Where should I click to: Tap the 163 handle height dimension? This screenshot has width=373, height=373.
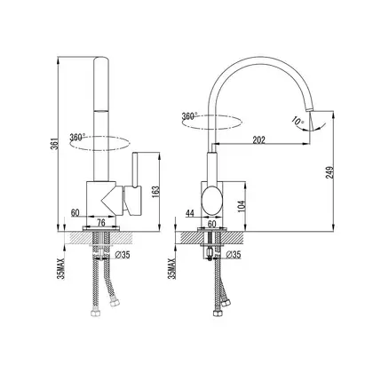156,194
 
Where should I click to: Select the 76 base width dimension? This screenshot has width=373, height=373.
101,223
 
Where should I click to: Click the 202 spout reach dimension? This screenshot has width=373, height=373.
259,139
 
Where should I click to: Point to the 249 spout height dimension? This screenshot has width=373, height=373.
330,171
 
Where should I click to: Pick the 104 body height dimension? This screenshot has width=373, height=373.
242,206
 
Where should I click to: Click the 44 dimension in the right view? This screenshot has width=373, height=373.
190,213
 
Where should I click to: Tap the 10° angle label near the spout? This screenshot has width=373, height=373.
298,121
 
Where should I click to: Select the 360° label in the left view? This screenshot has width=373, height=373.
77,137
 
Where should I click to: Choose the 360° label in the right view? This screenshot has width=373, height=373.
190,115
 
